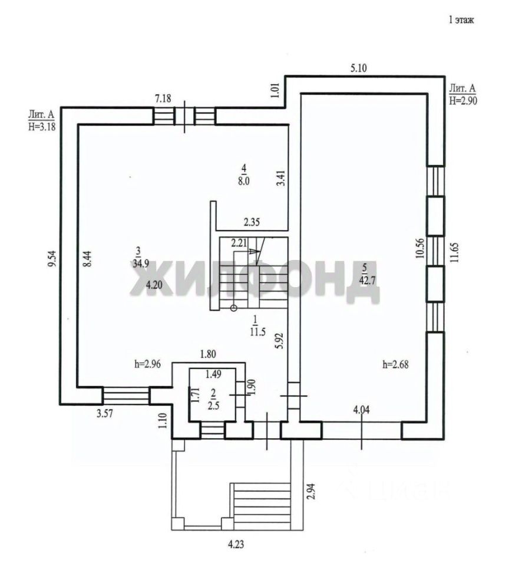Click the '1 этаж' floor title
point(461,20)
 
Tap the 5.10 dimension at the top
point(359,68)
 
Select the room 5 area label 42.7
point(367,280)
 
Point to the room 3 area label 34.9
point(141,263)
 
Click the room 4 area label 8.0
point(243,180)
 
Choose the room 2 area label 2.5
point(214,406)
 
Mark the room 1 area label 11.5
point(257,331)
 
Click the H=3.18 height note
point(42,126)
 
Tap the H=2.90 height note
point(463,100)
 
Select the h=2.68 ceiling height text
point(396,364)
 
